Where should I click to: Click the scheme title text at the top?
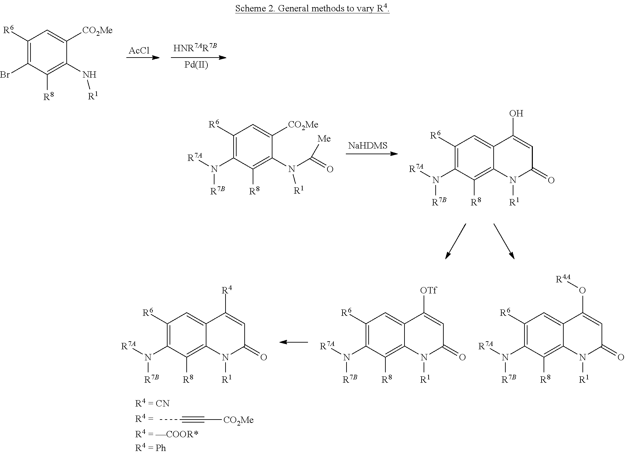[x=312, y=8]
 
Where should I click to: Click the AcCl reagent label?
[x=139, y=51]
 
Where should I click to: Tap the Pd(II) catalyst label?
[x=196, y=65]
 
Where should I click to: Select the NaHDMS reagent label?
[x=368, y=146]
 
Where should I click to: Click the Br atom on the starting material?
[x=5, y=74]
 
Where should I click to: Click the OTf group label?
[x=428, y=290]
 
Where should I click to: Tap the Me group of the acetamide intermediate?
[x=324, y=139]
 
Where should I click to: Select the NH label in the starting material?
[x=89, y=74]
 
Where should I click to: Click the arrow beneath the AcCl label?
[x=142, y=58]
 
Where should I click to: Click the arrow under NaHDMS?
[x=371, y=154]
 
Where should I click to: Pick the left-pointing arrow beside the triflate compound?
[x=294, y=342]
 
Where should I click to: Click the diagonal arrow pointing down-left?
[x=455, y=241]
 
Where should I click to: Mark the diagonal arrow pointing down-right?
[x=504, y=241]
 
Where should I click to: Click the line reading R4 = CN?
[x=152, y=403]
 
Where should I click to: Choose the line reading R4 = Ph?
[x=150, y=448]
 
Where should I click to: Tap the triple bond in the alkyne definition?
[x=192, y=419]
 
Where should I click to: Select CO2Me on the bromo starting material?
[x=97, y=30]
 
